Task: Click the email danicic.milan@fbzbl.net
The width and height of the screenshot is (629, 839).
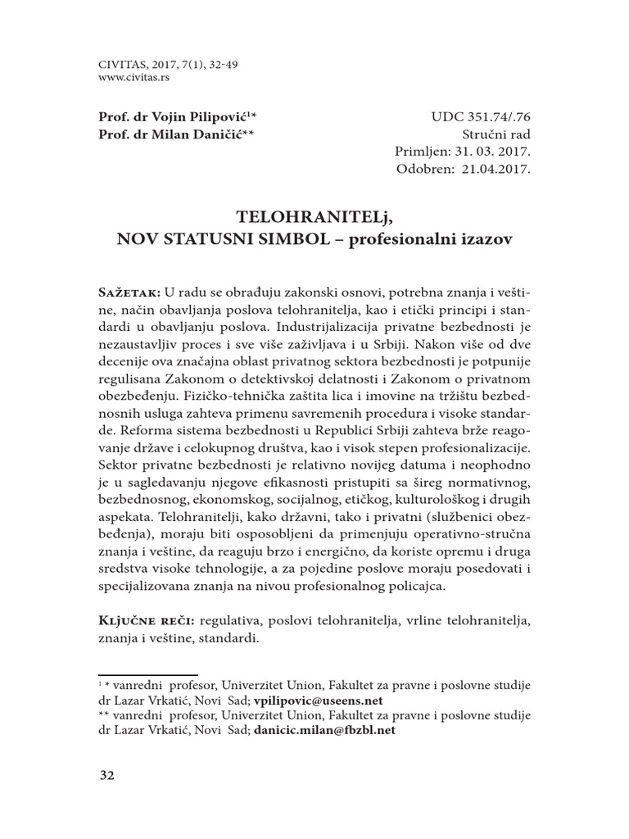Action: pos(324,730)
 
